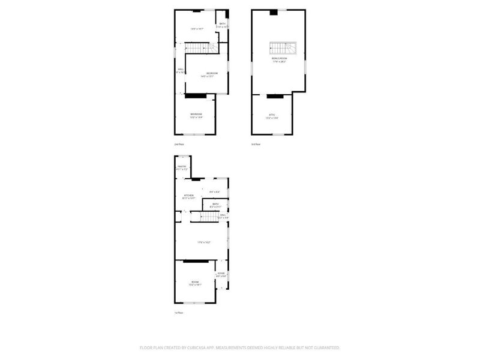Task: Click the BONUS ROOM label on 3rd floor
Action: pos(279,59)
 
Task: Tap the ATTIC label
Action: pos(272,115)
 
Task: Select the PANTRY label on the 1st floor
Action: pos(182,166)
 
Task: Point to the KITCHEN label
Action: pos(188,196)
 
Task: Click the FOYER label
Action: pos(221,274)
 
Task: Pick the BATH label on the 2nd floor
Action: pos(222,24)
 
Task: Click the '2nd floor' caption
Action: pos(179,145)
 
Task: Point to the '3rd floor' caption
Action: pos(256,145)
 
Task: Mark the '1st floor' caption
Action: pos(179,313)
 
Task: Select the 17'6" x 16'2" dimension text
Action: pos(205,242)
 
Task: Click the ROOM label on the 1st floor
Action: pos(195,282)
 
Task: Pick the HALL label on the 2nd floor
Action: pos(180,70)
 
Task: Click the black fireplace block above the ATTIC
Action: pos(274,96)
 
